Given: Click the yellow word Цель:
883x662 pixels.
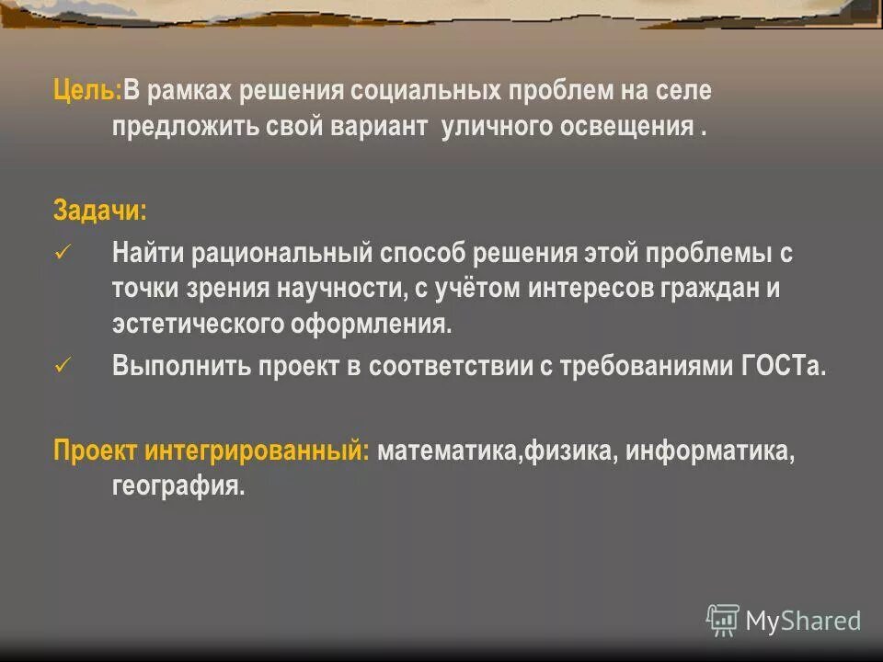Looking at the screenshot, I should (87, 92).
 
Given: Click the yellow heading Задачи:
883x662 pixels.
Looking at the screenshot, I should (99, 211).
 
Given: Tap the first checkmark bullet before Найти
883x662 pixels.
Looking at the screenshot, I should (63, 252).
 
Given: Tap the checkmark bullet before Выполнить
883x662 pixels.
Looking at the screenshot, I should (63, 364).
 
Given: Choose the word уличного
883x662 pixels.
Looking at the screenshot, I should (495, 128).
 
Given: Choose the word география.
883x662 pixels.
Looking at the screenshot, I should (178, 487).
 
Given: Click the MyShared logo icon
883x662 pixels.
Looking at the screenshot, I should (722, 620).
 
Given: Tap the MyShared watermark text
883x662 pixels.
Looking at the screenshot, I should (803, 622).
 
